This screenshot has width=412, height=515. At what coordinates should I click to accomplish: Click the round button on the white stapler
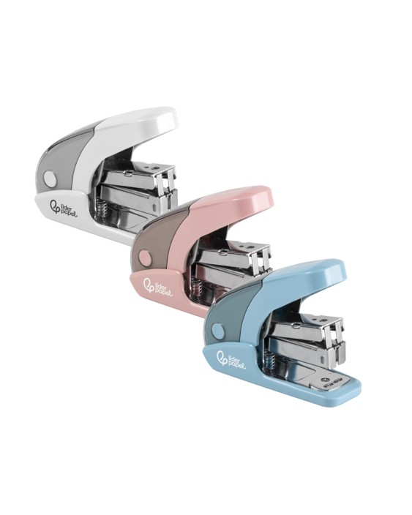tap(50, 178)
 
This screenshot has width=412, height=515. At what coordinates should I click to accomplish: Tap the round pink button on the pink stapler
tap(144, 257)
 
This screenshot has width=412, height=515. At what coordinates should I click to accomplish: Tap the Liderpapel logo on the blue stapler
tap(231, 359)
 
